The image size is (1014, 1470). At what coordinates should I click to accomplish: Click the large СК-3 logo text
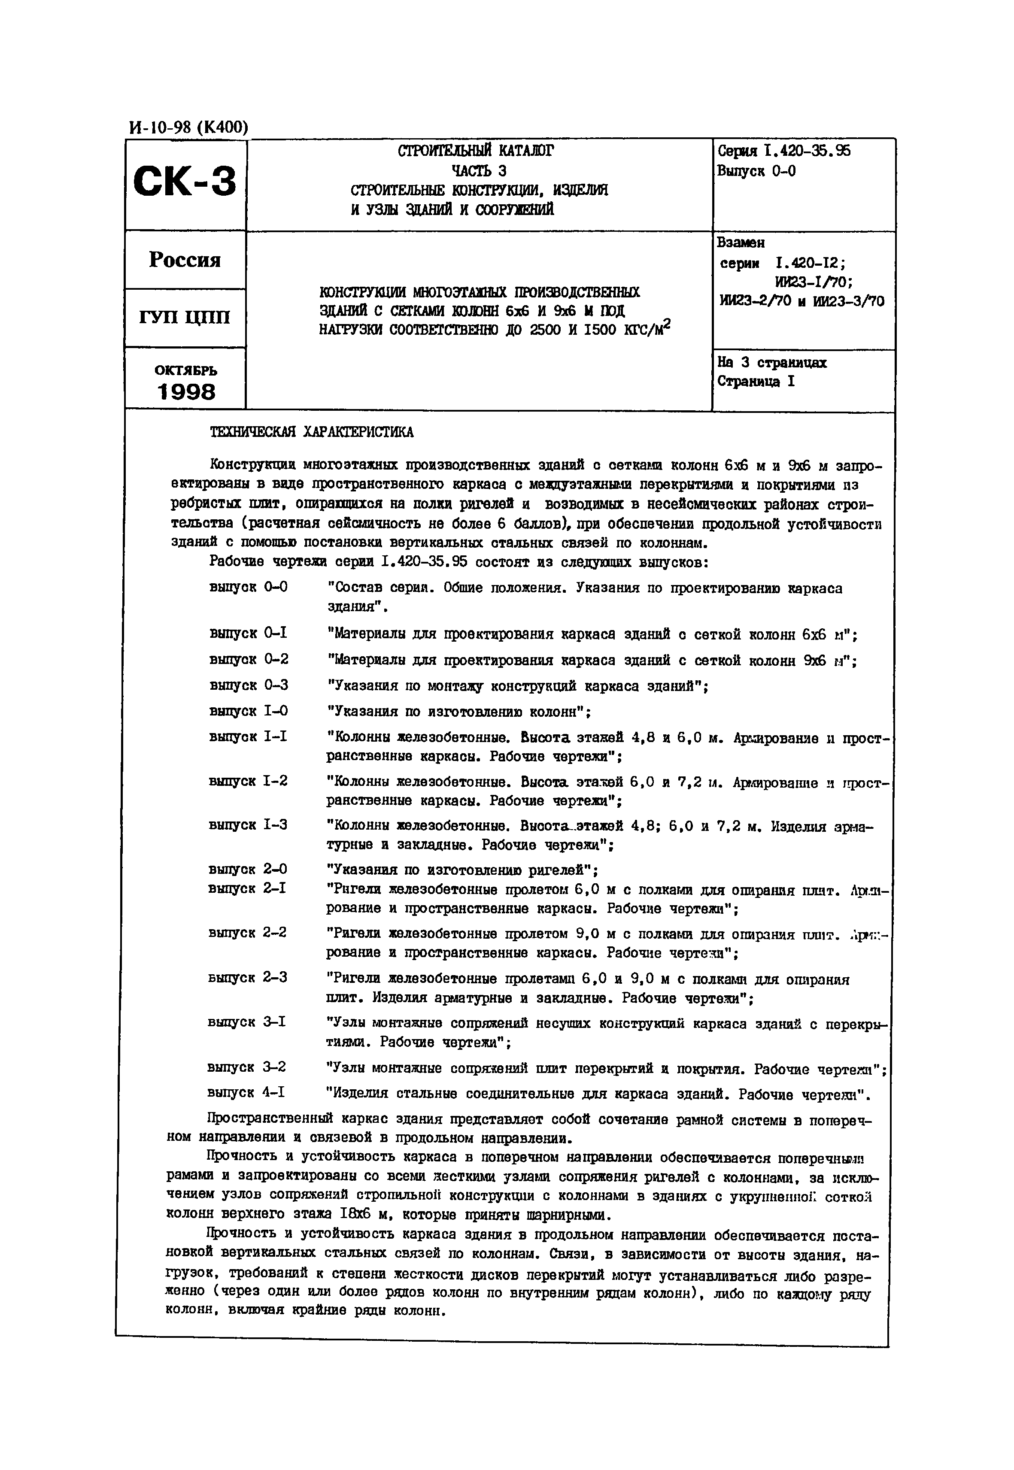(185, 181)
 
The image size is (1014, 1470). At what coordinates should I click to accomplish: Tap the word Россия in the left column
(185, 260)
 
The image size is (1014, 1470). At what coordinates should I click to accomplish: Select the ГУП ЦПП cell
(185, 317)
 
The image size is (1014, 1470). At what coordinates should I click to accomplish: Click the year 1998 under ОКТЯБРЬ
(186, 392)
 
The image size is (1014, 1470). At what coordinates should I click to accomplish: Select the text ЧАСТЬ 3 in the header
(478, 171)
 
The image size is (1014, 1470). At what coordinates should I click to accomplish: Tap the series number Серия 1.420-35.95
(783, 151)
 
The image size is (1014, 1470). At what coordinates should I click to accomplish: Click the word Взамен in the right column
(741, 242)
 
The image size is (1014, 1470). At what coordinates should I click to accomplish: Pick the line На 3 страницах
(772, 363)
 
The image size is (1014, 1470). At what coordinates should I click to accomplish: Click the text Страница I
(756, 382)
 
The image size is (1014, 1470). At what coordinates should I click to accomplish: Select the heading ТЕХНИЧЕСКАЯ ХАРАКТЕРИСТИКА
(311, 433)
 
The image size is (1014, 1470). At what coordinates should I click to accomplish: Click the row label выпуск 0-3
(249, 685)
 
